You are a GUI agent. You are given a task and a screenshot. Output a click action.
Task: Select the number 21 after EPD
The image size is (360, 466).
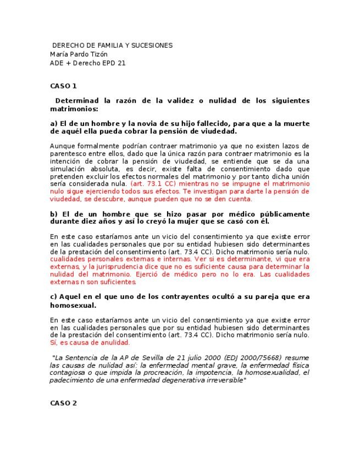click(121, 63)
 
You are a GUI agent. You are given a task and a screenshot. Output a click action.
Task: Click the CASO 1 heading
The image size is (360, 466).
click(63, 86)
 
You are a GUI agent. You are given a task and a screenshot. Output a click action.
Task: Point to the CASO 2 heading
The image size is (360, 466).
click(63, 403)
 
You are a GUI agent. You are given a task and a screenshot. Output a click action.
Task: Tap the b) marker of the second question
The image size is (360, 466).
click(54, 214)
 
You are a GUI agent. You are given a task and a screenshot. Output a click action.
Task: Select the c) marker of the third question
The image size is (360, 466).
click(54, 297)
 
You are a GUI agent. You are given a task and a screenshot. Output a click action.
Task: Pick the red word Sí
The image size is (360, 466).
click(53, 342)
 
